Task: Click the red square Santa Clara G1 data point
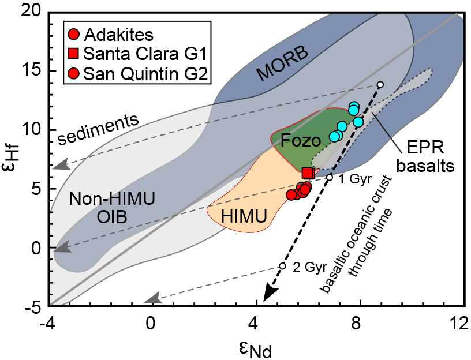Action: pyautogui.click(x=308, y=172)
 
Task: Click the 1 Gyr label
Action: pyautogui.click(x=352, y=178)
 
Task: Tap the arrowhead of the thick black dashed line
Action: pyautogui.click(x=267, y=297)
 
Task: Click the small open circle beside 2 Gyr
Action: pyautogui.click(x=282, y=266)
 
